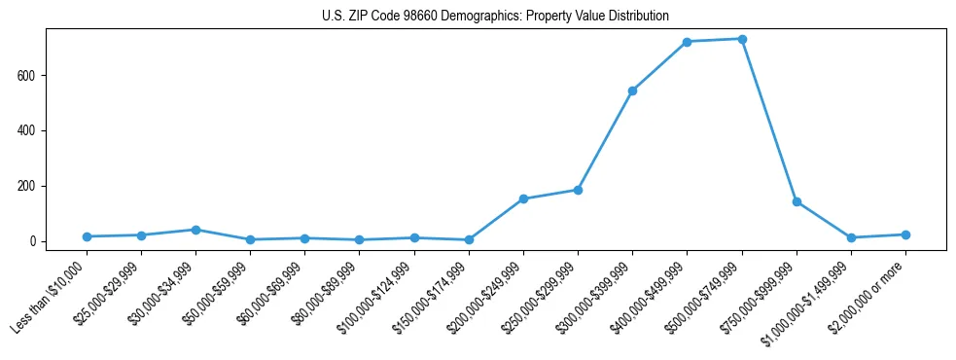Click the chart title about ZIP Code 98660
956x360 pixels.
(495, 16)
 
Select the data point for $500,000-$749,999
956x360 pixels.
(742, 39)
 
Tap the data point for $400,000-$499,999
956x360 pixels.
(688, 42)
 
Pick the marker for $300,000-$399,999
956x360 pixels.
(633, 90)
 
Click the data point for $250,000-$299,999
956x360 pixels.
(578, 190)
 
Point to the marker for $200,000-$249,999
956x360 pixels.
(523, 198)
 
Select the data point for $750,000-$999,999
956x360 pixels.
(797, 201)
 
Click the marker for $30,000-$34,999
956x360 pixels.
(195, 230)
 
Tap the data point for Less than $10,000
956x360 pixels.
(87, 236)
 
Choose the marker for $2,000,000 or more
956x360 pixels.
(905, 234)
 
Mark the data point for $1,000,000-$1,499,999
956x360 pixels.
(851, 237)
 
